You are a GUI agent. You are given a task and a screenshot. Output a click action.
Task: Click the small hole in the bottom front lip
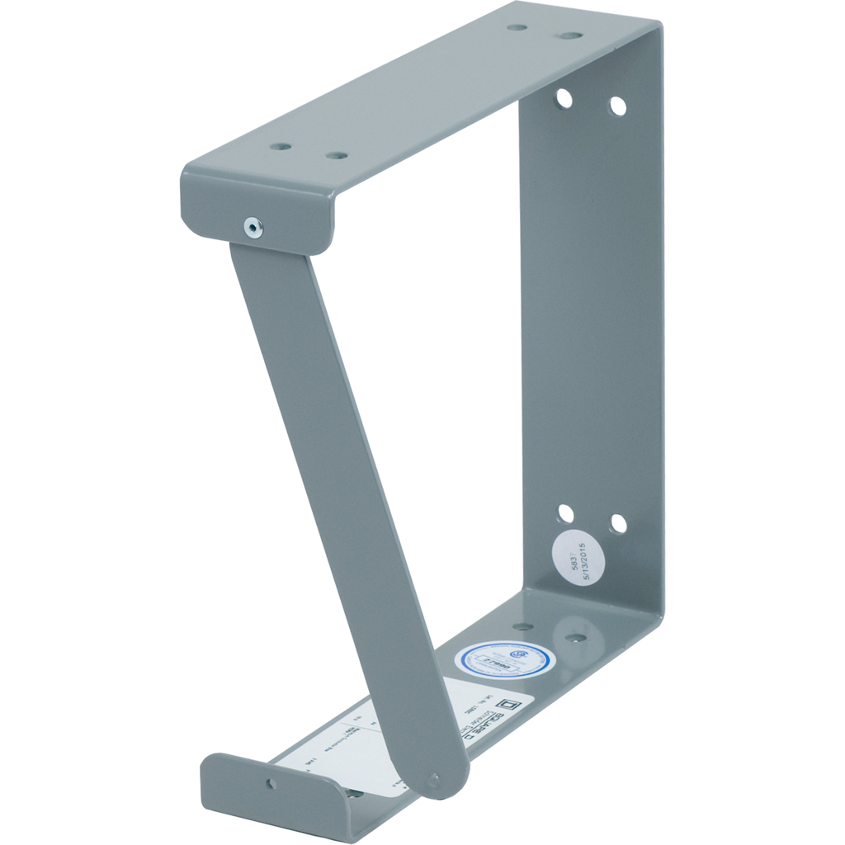(271, 783)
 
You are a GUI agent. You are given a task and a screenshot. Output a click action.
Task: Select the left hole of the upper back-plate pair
(564, 99)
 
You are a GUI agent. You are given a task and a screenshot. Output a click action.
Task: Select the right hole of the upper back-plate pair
(617, 106)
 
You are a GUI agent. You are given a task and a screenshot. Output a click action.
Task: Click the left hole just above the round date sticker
(565, 513)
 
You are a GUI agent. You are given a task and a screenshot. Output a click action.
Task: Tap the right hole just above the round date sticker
(618, 523)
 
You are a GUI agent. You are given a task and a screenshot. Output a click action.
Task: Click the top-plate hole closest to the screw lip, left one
(281, 146)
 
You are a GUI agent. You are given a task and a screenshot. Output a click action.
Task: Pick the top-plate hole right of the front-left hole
(335, 155)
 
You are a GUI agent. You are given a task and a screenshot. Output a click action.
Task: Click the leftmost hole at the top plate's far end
(517, 26)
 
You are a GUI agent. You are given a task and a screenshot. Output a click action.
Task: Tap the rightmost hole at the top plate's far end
(570, 35)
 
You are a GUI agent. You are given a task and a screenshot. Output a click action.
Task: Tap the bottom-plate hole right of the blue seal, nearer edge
(575, 637)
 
